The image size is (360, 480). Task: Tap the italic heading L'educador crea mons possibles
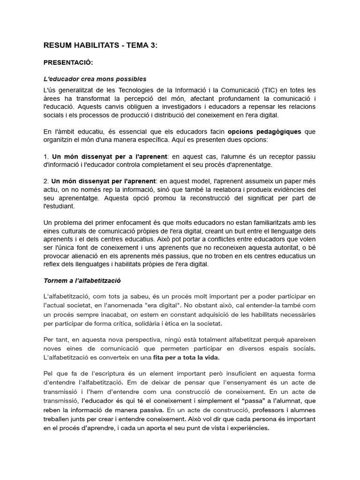click(95, 79)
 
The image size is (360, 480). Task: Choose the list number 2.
click(45, 180)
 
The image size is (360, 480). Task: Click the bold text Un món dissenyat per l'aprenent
click(104, 180)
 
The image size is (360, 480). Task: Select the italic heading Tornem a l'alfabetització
click(82, 280)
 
